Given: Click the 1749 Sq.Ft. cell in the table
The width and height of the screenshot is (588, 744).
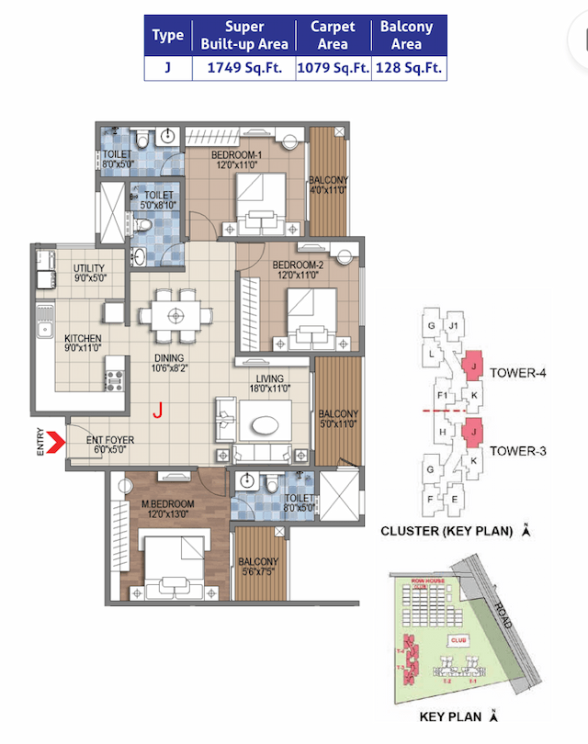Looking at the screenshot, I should [x=243, y=68].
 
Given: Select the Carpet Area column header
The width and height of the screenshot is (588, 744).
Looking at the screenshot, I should [x=333, y=36].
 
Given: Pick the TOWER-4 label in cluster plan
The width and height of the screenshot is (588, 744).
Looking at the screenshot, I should [x=518, y=373].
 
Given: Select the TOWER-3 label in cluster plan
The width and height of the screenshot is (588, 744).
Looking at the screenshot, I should [x=518, y=450].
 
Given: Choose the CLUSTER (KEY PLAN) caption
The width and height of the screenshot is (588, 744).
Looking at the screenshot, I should [x=450, y=531].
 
